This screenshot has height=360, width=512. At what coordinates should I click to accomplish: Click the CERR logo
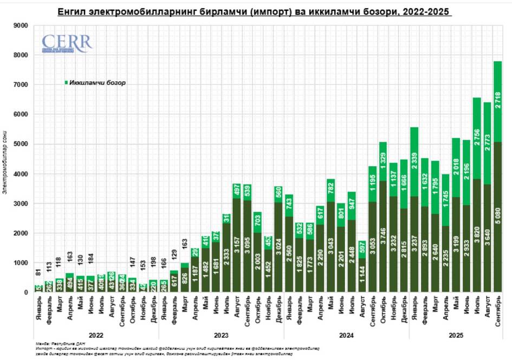pos(67,44)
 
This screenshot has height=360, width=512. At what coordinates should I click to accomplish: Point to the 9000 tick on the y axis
pos(20,25)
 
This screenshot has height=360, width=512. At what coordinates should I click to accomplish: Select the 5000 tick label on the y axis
pos(20,144)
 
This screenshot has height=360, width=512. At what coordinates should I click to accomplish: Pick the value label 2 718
pos(497,102)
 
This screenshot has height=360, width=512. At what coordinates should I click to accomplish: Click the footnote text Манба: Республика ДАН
pos(53,343)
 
